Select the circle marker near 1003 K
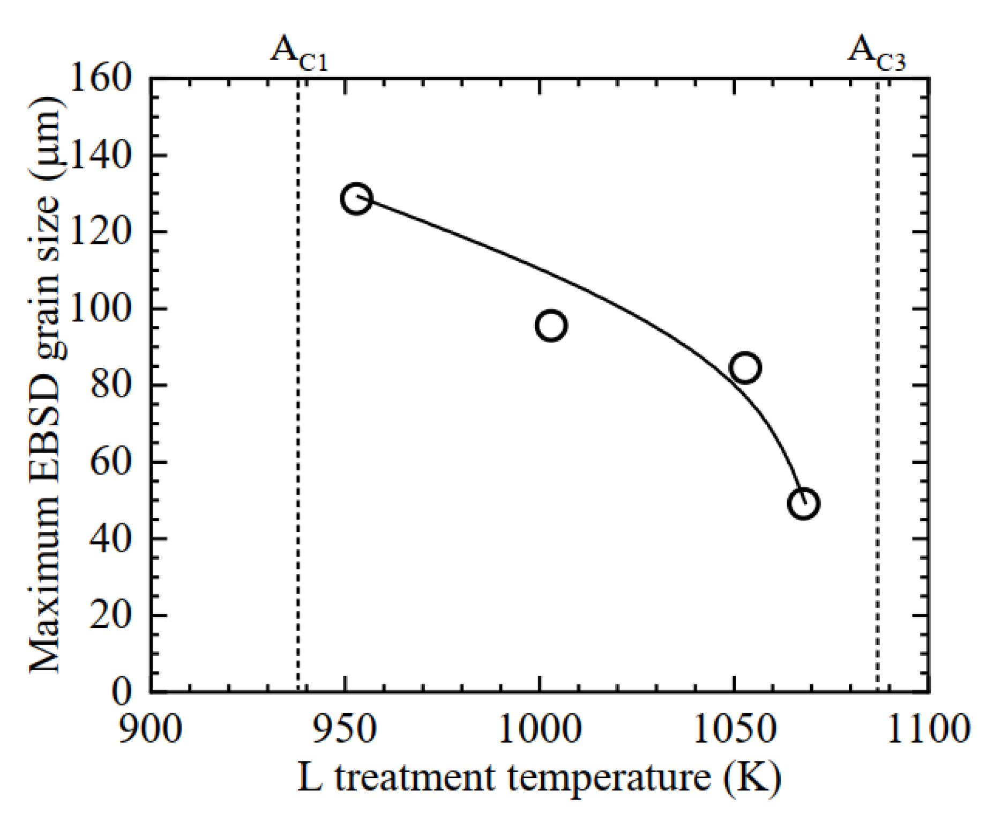pyautogui.click(x=551, y=325)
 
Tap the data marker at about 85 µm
pyautogui.click(x=745, y=368)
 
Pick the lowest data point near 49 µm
pyautogui.click(x=803, y=504)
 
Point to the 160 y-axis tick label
pyautogui.click(x=100, y=78)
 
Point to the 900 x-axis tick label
pyautogui.click(x=150, y=729)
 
